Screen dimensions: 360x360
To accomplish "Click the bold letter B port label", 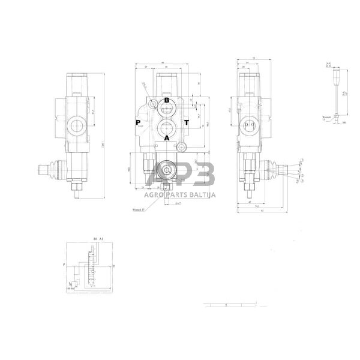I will click(166, 100).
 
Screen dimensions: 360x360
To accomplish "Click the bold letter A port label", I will click(167, 137).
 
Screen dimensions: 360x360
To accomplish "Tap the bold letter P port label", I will click(139, 122).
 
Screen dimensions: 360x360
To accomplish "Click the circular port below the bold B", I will click(166, 109).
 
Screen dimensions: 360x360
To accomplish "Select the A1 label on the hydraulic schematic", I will click(102, 239).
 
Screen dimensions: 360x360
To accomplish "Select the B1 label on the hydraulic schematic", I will click(95, 239).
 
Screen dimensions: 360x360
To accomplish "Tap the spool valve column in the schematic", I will click(92, 267).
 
